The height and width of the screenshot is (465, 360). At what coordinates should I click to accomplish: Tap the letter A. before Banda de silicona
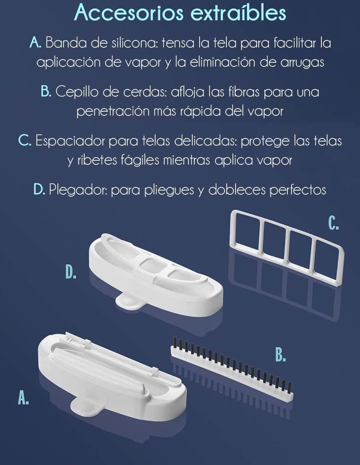point(35,42)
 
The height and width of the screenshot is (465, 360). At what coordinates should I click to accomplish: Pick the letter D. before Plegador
point(39,189)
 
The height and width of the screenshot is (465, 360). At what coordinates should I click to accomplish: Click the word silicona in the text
point(135,42)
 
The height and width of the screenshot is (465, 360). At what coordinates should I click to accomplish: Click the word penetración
point(113,111)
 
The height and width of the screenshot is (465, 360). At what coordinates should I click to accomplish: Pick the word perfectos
point(298,190)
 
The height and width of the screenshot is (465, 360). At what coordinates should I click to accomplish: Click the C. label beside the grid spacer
point(334,223)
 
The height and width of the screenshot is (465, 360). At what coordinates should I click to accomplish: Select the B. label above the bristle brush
point(280,354)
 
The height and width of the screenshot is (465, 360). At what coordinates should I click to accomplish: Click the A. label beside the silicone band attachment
point(23,398)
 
